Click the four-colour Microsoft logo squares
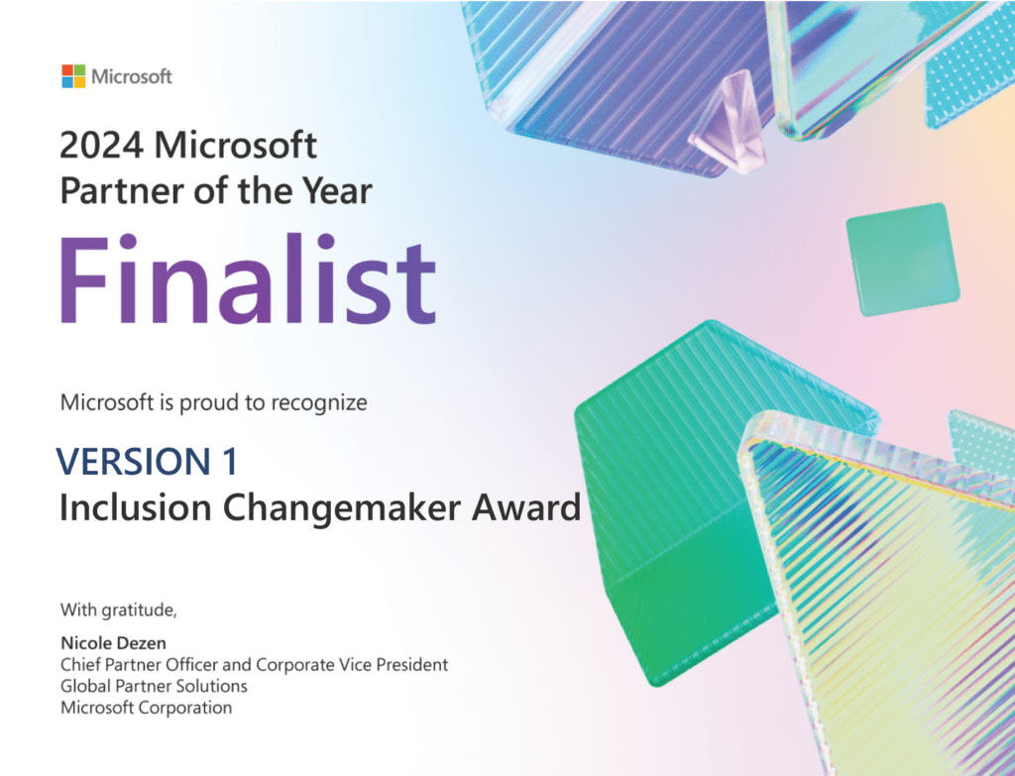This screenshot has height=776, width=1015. pos(72,76)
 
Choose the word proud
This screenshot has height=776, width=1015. pos(197,403)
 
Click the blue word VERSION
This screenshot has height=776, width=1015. pos(129,462)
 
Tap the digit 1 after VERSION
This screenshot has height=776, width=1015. pos(227,462)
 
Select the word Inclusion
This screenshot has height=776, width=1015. pos(135,507)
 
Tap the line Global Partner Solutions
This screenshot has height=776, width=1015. pos(154,686)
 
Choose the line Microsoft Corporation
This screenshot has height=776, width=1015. pos(146,708)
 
